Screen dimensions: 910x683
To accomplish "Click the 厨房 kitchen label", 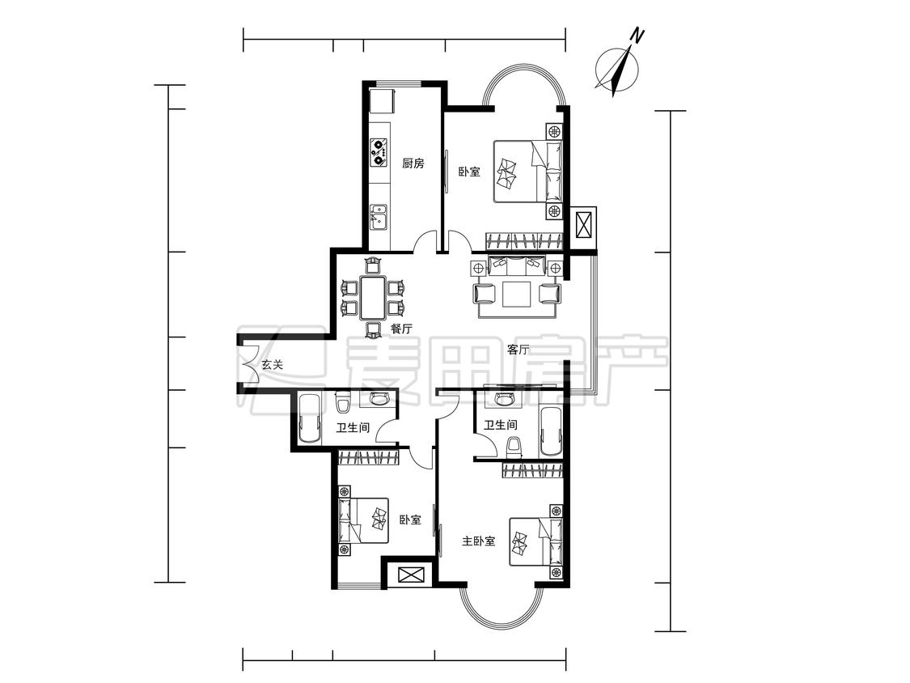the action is (x=413, y=163).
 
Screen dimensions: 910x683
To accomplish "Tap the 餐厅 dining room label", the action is (x=401, y=329).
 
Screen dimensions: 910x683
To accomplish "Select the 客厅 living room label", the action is (x=518, y=350).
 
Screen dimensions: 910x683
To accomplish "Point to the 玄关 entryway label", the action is (x=272, y=365).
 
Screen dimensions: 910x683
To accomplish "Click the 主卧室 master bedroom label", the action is (x=479, y=541).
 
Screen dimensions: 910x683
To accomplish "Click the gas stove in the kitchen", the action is (x=379, y=151).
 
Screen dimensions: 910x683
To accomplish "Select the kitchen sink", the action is (x=379, y=217).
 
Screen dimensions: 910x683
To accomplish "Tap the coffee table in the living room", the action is (x=517, y=294).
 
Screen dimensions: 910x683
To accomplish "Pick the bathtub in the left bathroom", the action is (x=309, y=419).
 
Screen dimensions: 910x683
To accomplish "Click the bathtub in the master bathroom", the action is (x=550, y=432).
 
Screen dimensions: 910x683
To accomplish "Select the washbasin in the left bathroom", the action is (x=379, y=398).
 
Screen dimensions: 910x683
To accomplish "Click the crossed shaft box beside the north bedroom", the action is (x=583, y=224).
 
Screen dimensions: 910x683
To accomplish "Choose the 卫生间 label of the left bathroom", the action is (x=353, y=428).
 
